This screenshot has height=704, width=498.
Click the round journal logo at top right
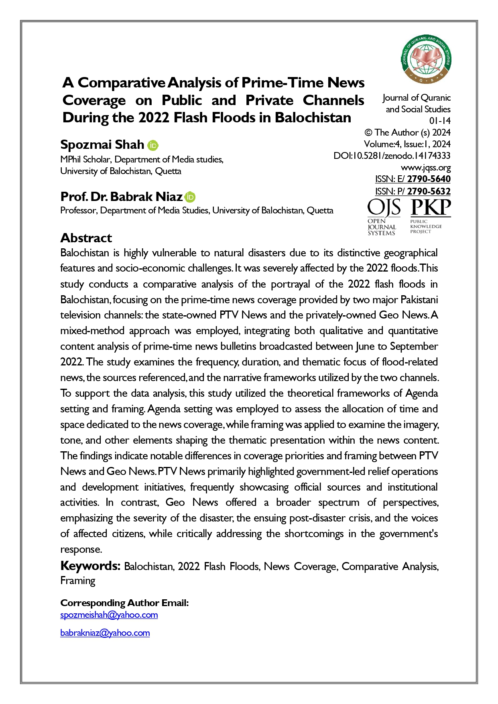(426, 59)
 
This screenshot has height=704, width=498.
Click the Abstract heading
(86, 238)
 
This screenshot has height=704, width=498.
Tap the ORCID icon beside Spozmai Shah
(153, 145)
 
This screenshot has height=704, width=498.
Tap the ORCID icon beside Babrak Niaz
(190, 197)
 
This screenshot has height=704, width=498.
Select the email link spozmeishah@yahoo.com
(109, 615)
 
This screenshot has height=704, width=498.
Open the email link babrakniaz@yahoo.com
(105, 633)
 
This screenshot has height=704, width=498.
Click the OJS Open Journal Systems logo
(384, 217)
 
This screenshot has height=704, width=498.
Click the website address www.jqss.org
(426, 167)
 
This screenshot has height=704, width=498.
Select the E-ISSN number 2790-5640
(429, 179)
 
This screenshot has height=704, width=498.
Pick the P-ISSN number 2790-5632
(429, 191)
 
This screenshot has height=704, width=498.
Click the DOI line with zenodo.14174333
(392, 156)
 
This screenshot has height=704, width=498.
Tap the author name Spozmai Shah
(102, 144)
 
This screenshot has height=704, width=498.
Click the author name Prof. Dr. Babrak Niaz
(122, 197)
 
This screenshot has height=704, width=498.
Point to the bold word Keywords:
(90, 566)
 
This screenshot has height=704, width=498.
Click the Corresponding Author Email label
(124, 603)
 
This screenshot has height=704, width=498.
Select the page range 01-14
(440, 121)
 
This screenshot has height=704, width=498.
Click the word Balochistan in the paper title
(313, 118)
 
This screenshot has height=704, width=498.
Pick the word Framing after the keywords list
(78, 580)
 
